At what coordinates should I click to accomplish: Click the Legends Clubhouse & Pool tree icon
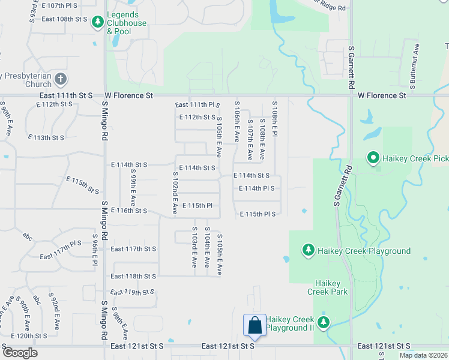[x=97, y=22]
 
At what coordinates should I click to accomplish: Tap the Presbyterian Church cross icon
[x=60, y=79]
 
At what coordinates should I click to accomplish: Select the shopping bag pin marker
[x=255, y=325]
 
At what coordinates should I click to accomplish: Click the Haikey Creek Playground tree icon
[x=309, y=250]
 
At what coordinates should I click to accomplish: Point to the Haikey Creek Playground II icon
[x=324, y=323]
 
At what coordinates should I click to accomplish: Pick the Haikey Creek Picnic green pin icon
[x=373, y=158]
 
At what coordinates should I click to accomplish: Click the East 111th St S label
[x=67, y=95]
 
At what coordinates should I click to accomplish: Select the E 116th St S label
[x=128, y=211]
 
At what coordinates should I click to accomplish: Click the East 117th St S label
[x=133, y=249]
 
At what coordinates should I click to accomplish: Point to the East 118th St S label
[x=133, y=277]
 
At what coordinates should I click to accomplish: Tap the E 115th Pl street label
[x=197, y=205]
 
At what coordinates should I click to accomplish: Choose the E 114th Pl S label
[x=256, y=188]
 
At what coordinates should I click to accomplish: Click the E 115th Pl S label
[x=258, y=214]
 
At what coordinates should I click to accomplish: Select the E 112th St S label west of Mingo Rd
[x=54, y=104]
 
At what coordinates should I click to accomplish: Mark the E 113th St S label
[x=49, y=137]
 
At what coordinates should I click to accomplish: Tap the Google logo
[x=20, y=353]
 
